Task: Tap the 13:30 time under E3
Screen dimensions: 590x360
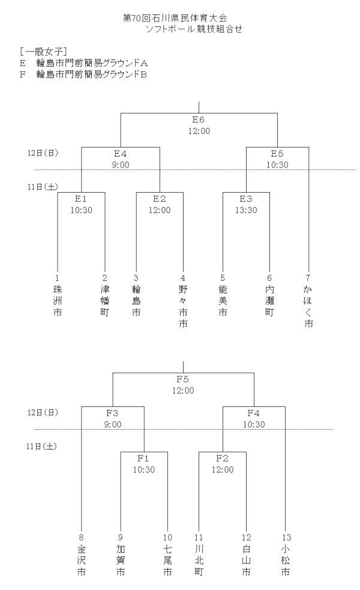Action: point(245,210)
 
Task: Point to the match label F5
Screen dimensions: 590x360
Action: point(183,379)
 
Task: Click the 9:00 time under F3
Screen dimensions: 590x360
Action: point(112,424)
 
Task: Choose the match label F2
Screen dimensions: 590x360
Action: point(223,459)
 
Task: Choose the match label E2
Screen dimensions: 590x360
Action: point(159,199)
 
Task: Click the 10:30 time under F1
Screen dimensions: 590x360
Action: point(143,469)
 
